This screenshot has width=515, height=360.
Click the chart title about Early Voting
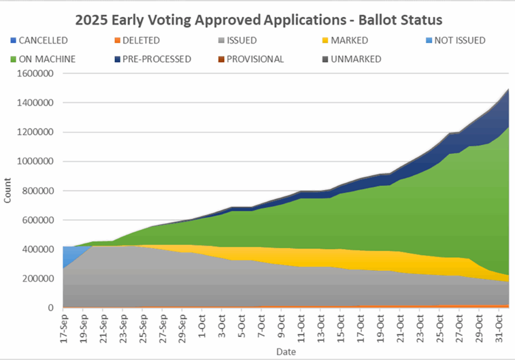click(259, 20)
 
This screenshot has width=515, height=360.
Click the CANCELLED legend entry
click(42, 40)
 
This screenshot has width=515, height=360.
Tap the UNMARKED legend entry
click(355, 59)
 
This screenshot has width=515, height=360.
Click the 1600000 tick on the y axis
click(37, 74)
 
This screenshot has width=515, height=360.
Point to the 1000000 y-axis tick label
click(37, 161)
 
